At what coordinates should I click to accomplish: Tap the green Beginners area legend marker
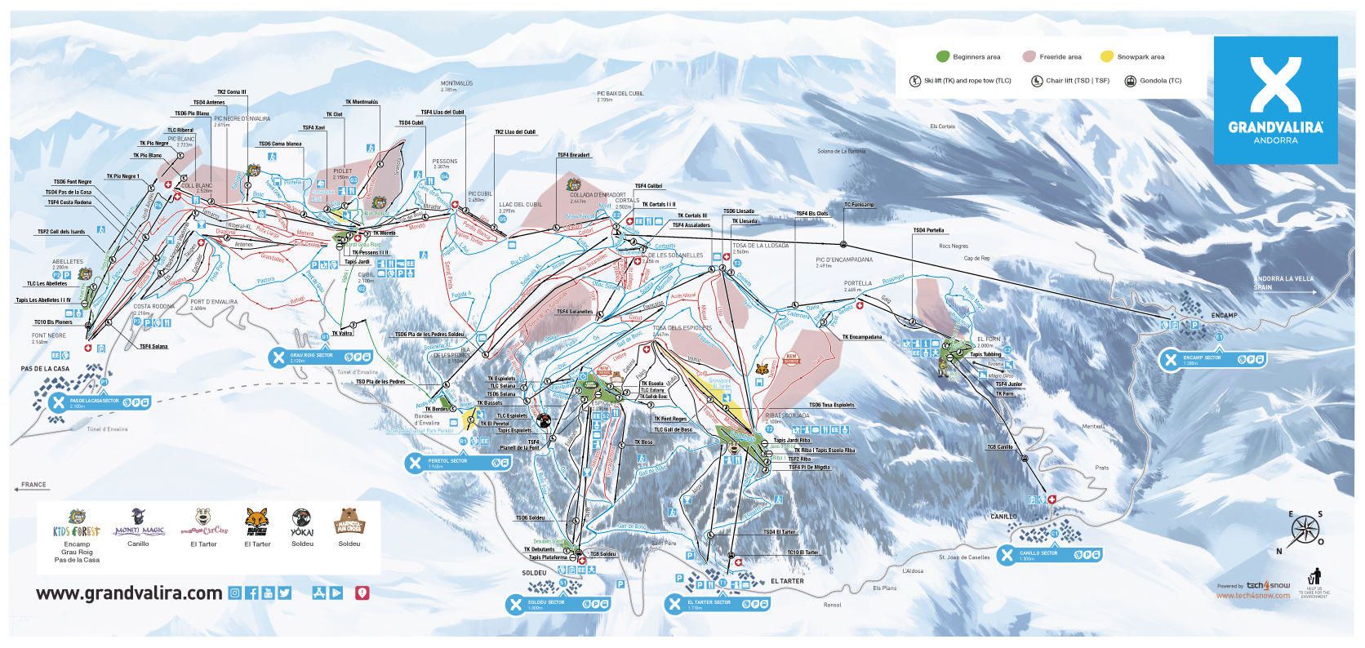click(942, 56)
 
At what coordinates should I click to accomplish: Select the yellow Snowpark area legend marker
click(1106, 56)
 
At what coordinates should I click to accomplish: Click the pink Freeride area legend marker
click(1028, 56)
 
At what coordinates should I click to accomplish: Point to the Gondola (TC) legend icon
click(1131, 81)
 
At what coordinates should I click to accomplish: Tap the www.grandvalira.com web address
click(129, 593)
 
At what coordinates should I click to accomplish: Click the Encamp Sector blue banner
click(1213, 358)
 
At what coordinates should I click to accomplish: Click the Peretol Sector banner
click(460, 462)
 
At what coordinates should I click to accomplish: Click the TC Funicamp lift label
click(859, 204)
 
